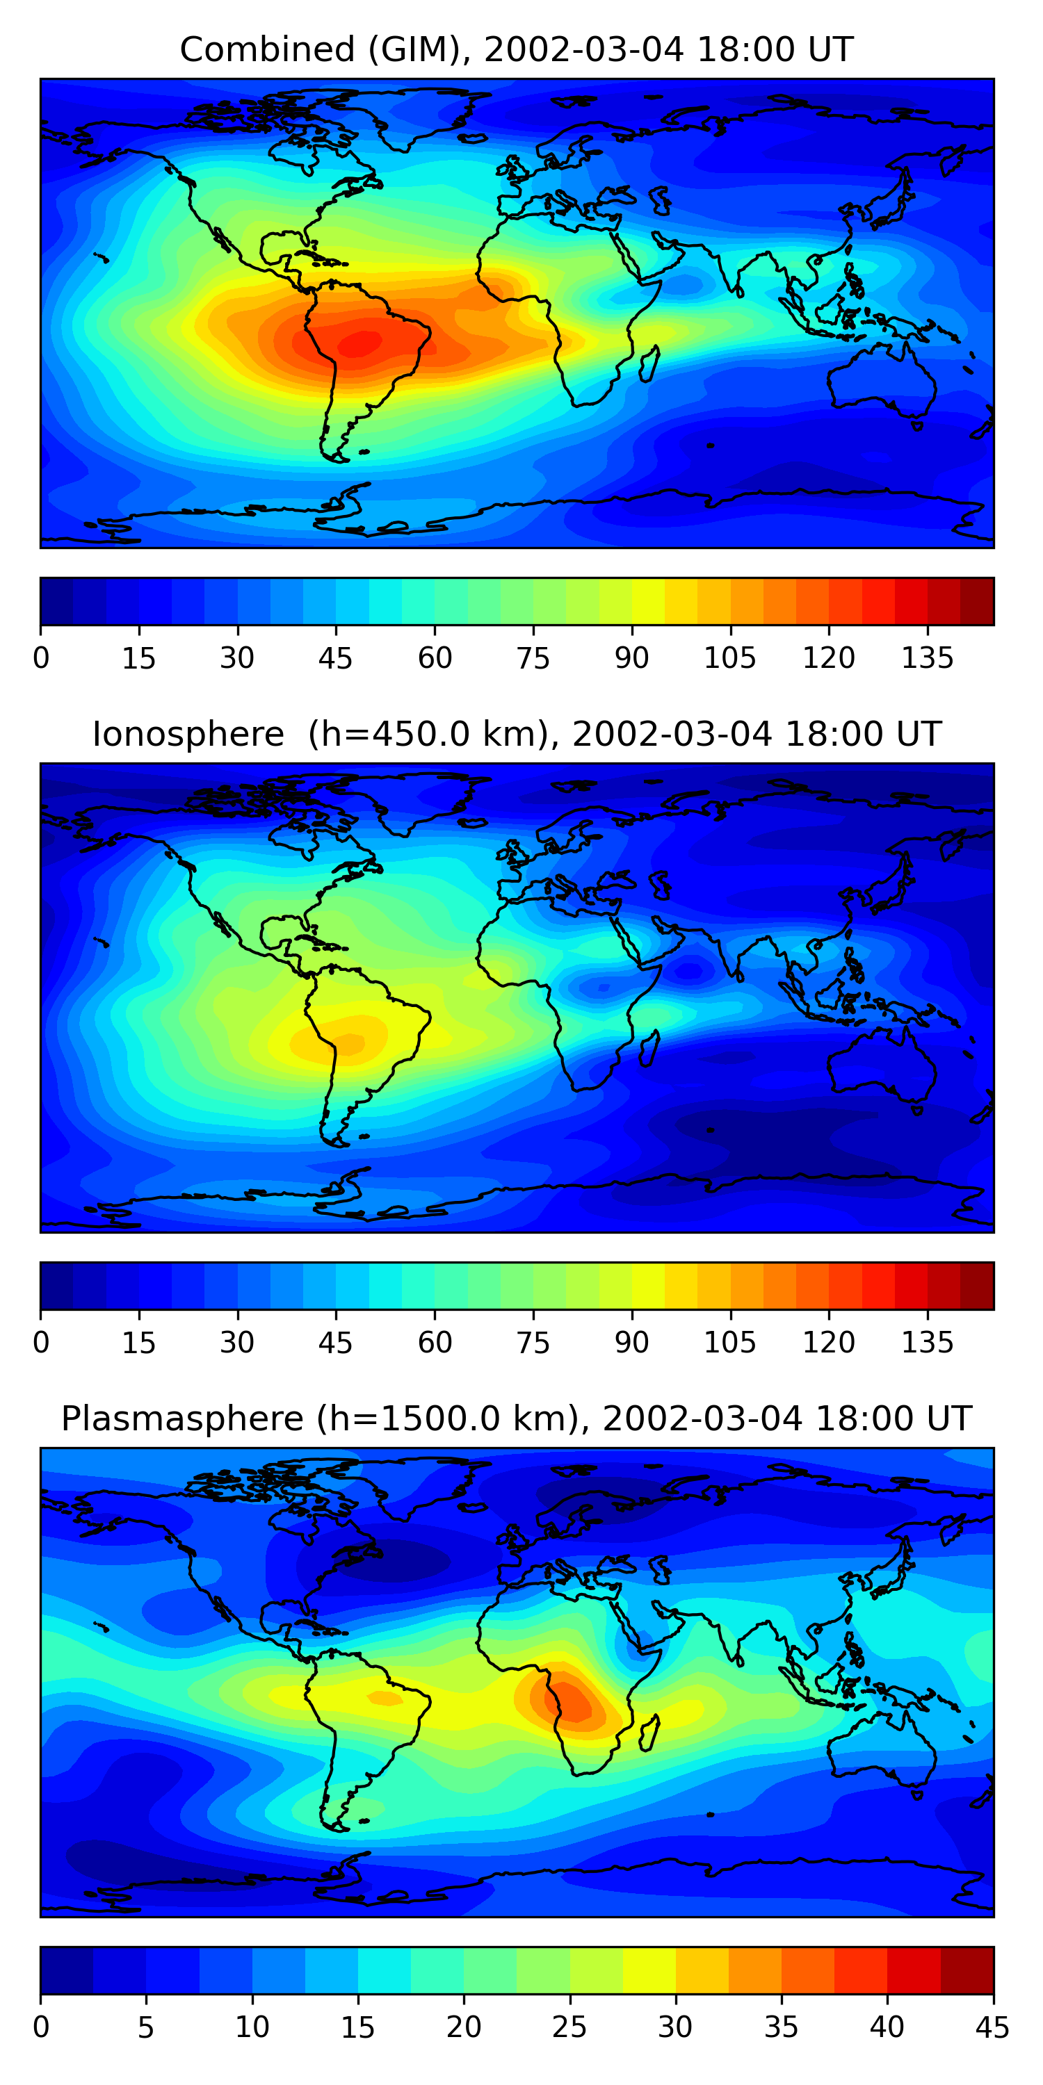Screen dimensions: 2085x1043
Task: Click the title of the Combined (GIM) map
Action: point(516,50)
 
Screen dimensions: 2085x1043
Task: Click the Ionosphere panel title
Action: point(516,735)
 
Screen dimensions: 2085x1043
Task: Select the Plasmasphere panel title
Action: point(516,1419)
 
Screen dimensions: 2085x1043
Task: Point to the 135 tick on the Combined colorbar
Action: point(927,658)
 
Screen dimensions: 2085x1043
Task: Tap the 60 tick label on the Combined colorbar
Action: point(435,658)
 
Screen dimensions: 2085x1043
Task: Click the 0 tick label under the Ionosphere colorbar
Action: point(41,1343)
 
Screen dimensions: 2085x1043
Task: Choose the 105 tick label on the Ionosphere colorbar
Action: point(729,1343)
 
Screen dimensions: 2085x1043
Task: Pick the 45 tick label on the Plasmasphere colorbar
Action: point(992,2027)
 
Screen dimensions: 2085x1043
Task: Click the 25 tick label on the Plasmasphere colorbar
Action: point(569,2027)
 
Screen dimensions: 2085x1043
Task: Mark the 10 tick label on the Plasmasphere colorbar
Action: point(252,2027)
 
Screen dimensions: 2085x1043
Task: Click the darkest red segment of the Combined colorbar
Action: point(977,601)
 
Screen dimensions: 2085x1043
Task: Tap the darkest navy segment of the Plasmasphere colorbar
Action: point(66,1971)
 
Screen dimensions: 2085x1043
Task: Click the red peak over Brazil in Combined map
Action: point(360,343)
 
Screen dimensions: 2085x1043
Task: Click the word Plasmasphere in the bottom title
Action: point(182,1419)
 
